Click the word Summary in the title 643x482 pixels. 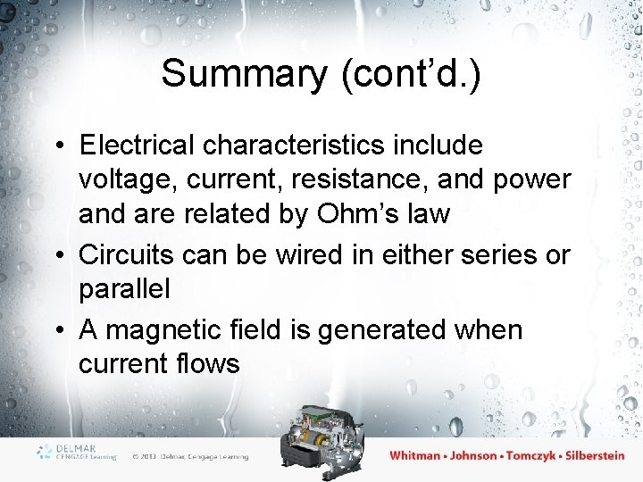coord(244,73)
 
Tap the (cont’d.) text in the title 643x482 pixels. coord(411,73)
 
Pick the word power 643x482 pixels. coord(532,179)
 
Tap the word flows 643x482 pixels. coord(207,363)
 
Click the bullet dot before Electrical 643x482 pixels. coord(58,145)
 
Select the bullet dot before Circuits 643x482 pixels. coord(58,255)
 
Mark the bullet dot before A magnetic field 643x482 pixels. coord(58,330)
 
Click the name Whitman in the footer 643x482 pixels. coord(415,455)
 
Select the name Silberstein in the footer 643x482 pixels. coord(589,455)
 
